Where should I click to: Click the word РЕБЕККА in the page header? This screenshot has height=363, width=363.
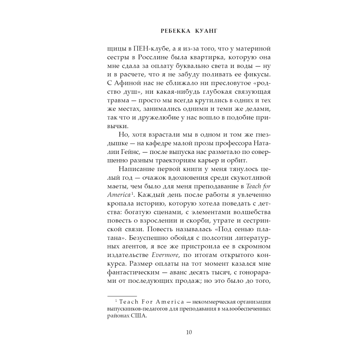171,31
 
